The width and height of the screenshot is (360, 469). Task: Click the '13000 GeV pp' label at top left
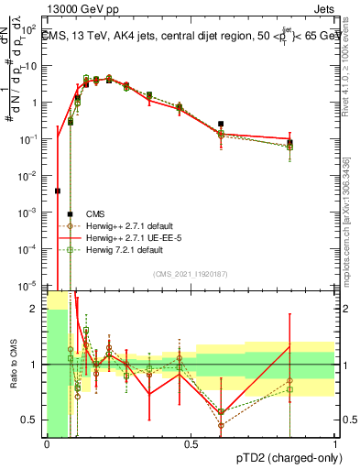point(80,11)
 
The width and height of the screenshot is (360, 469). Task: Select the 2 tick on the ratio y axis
point(36,309)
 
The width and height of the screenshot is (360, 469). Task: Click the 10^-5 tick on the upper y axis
point(30,284)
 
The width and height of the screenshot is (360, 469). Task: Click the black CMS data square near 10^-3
point(71,214)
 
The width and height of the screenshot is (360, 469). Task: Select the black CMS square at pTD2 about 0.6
point(221,124)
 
